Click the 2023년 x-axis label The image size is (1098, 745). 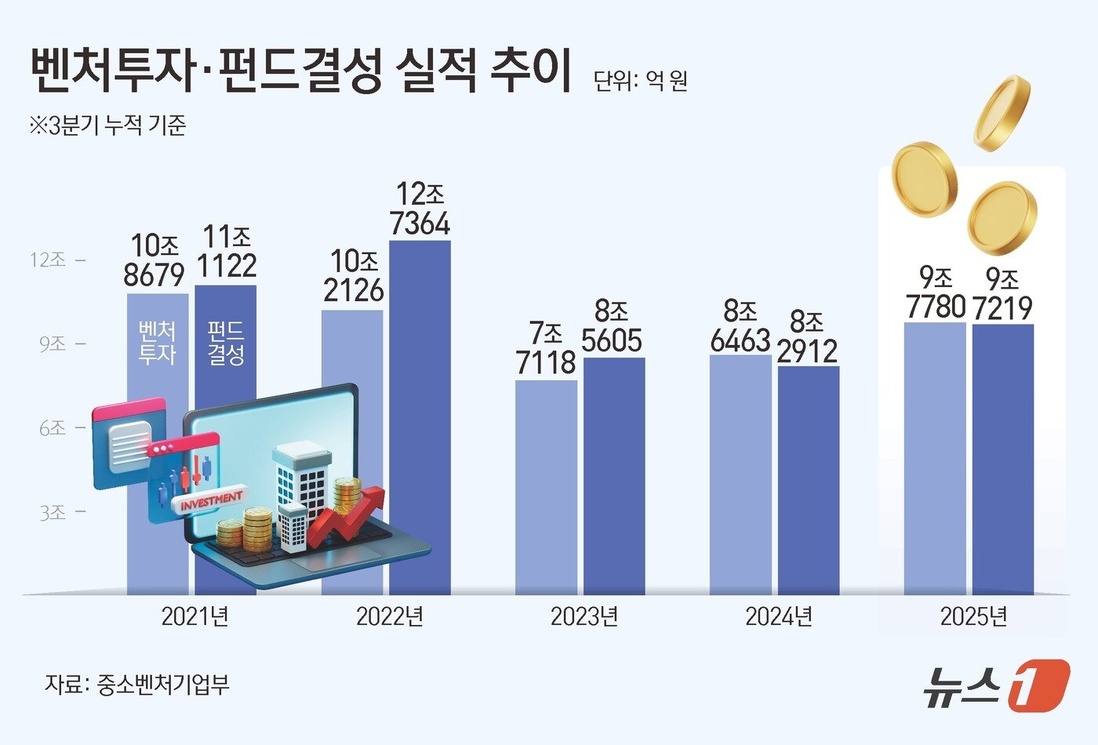click(x=584, y=616)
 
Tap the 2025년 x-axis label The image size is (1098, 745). click(x=973, y=616)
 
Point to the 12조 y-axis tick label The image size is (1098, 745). click(x=48, y=260)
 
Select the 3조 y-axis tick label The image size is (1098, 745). click(x=53, y=512)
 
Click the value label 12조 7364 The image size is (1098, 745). click(x=420, y=209)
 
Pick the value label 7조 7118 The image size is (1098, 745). click(x=546, y=348)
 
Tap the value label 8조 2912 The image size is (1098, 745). click(x=808, y=337)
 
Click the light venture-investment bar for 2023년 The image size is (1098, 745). click(x=546, y=486)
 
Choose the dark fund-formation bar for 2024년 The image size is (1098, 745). click(x=809, y=478)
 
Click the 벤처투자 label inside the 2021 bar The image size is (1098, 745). click(x=157, y=343)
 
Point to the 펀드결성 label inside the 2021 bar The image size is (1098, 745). click(x=226, y=343)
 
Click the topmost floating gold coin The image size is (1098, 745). click(x=1002, y=112)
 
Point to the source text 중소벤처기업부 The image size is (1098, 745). click(x=163, y=685)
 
